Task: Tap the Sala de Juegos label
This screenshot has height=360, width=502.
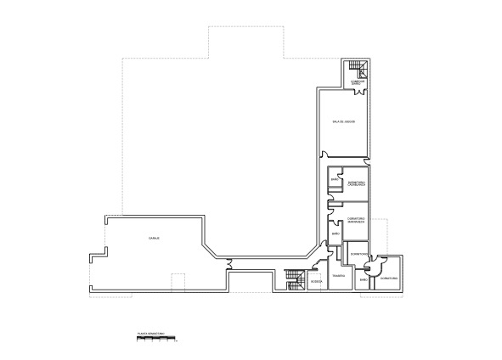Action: (344, 122)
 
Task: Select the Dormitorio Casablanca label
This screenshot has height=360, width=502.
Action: (357, 183)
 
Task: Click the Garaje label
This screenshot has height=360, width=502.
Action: (155, 238)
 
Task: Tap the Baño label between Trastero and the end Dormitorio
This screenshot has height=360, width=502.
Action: (363, 279)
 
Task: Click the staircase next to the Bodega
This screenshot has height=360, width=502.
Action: (295, 279)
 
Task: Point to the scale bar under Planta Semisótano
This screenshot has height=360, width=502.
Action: (155, 339)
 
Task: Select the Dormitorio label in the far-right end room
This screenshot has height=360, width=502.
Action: (390, 278)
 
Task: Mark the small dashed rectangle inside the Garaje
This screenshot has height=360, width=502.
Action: (178, 282)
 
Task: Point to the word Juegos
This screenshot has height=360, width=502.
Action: (349, 122)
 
